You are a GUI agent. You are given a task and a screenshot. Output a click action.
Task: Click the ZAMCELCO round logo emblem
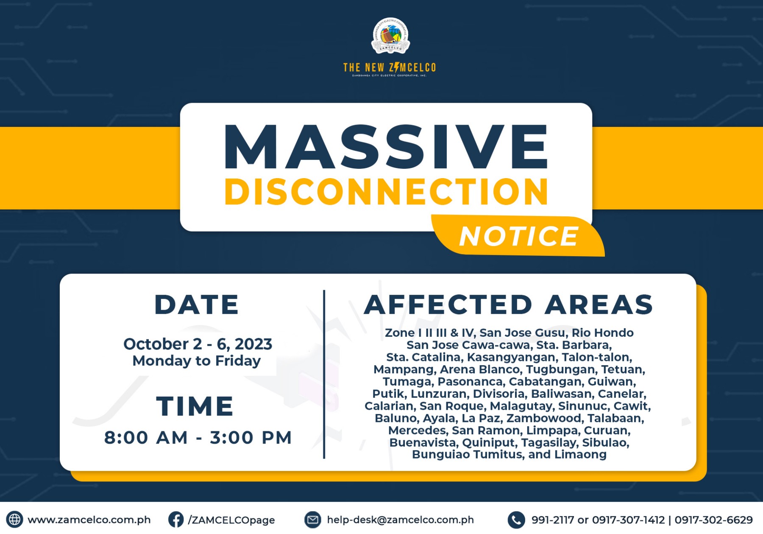pyautogui.click(x=390, y=36)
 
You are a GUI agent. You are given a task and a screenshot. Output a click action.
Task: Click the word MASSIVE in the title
pyautogui.click(x=386, y=147)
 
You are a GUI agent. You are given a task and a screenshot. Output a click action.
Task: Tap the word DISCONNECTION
pyautogui.click(x=386, y=191)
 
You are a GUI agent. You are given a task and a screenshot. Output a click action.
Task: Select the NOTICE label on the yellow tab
pyautogui.click(x=519, y=236)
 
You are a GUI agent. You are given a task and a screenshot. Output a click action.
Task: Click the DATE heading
pyautogui.click(x=197, y=305)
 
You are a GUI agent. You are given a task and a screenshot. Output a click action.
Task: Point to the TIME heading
pyautogui.click(x=195, y=406)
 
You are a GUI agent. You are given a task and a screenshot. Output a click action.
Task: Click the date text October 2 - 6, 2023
pyautogui.click(x=198, y=344)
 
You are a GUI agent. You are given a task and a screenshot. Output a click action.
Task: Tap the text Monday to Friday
pyautogui.click(x=197, y=361)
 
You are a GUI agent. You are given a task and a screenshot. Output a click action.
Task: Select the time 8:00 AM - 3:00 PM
pyautogui.click(x=198, y=438)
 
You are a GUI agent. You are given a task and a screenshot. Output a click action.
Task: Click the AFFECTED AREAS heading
pyautogui.click(x=509, y=305)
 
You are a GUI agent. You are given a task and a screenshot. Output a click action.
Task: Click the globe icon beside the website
pyautogui.click(x=14, y=519)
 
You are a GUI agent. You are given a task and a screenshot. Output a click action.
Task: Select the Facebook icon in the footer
pyautogui.click(x=176, y=520)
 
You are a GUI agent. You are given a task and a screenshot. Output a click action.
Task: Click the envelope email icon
pyautogui.click(x=313, y=520)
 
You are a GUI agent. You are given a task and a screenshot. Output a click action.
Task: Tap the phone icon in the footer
pyautogui.click(x=516, y=520)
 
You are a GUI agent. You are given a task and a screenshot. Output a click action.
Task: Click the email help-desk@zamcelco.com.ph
pyautogui.click(x=400, y=520)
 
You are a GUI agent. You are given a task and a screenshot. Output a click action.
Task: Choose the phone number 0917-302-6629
pyautogui.click(x=713, y=520)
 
